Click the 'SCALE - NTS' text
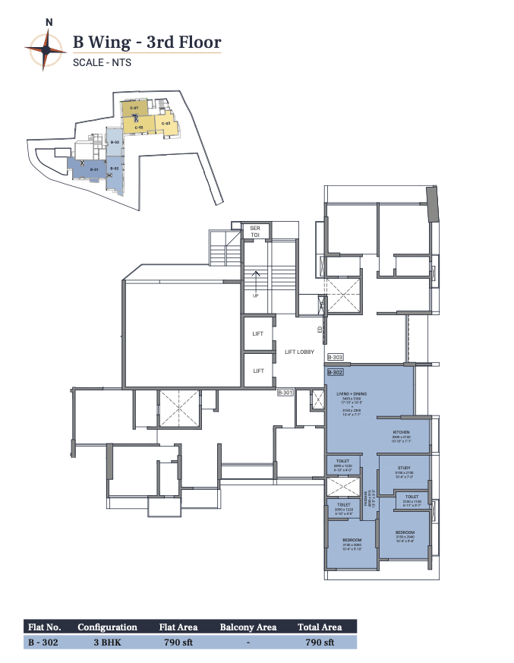click(102, 63)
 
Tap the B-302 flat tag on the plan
click(336, 373)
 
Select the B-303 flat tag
click(336, 357)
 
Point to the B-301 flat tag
click(285, 393)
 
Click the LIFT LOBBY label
click(299, 352)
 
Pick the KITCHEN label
click(402, 431)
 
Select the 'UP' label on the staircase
click(256, 295)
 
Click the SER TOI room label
click(255, 232)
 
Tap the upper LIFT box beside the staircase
click(258, 334)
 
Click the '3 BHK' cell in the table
click(107, 642)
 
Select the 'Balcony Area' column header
click(248, 627)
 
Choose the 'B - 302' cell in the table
click(42, 642)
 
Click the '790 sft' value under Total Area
click(320, 642)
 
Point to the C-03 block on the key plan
click(165, 124)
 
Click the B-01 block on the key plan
click(94, 169)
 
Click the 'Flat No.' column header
click(43, 627)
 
